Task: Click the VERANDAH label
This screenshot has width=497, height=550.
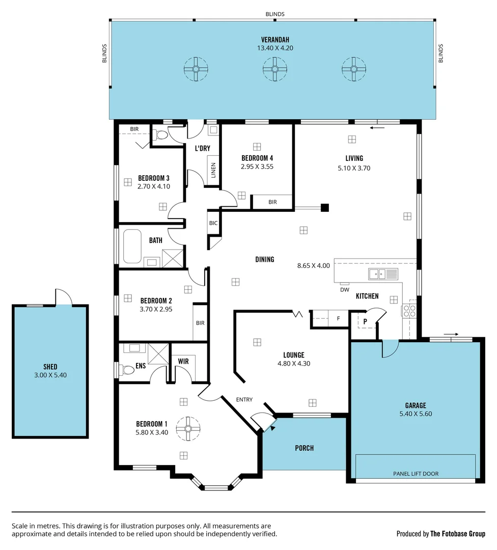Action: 275,40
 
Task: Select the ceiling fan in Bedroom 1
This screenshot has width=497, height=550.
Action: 187,428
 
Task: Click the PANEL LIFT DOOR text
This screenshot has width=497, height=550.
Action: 416,474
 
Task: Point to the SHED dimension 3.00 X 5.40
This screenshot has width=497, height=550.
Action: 50,375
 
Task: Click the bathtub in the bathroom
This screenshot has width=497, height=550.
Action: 132,246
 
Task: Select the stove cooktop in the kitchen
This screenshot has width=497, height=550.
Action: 409,311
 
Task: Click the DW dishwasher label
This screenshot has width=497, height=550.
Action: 345,290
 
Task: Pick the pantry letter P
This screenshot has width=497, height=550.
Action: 365,321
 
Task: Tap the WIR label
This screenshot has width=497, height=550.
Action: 183,361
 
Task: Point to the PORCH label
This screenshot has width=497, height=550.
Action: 304,448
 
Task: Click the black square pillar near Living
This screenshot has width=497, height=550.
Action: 325,207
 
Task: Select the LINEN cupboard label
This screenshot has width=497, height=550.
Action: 213,171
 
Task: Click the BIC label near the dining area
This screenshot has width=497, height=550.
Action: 213,223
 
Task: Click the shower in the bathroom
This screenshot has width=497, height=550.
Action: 172,258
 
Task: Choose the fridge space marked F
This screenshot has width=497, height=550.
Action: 338,319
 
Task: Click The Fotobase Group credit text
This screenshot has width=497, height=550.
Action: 457,534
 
